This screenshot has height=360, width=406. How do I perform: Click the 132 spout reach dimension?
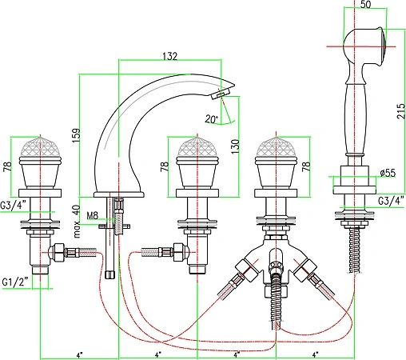pyautogui.click(x=169, y=56)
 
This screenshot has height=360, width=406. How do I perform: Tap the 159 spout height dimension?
pyautogui.click(x=77, y=135)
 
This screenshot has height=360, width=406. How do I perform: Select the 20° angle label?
pyautogui.click(x=212, y=118)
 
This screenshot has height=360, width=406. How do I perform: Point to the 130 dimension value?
pyautogui.click(x=235, y=146)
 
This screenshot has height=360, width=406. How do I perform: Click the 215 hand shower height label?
pyautogui.click(x=400, y=111)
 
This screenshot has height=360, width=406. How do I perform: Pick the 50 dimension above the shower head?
pyautogui.click(x=365, y=4)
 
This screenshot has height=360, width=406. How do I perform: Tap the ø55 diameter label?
pyautogui.click(x=388, y=173)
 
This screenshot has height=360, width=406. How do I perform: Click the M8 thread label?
pyautogui.click(x=93, y=215)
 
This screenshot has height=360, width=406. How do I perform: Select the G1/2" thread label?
pyautogui.click(x=15, y=282)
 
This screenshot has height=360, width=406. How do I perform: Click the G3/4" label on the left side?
pyautogui.click(x=13, y=206)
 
